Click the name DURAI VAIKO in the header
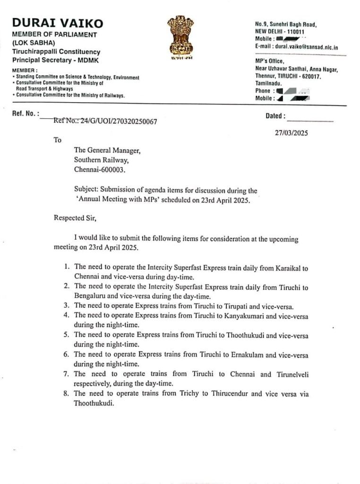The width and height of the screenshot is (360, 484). click(x=58, y=23)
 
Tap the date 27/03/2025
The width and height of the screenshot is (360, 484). click(x=291, y=133)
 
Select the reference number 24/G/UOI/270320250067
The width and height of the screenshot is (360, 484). click(x=112, y=121)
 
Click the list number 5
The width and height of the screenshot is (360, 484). click(x=67, y=335)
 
